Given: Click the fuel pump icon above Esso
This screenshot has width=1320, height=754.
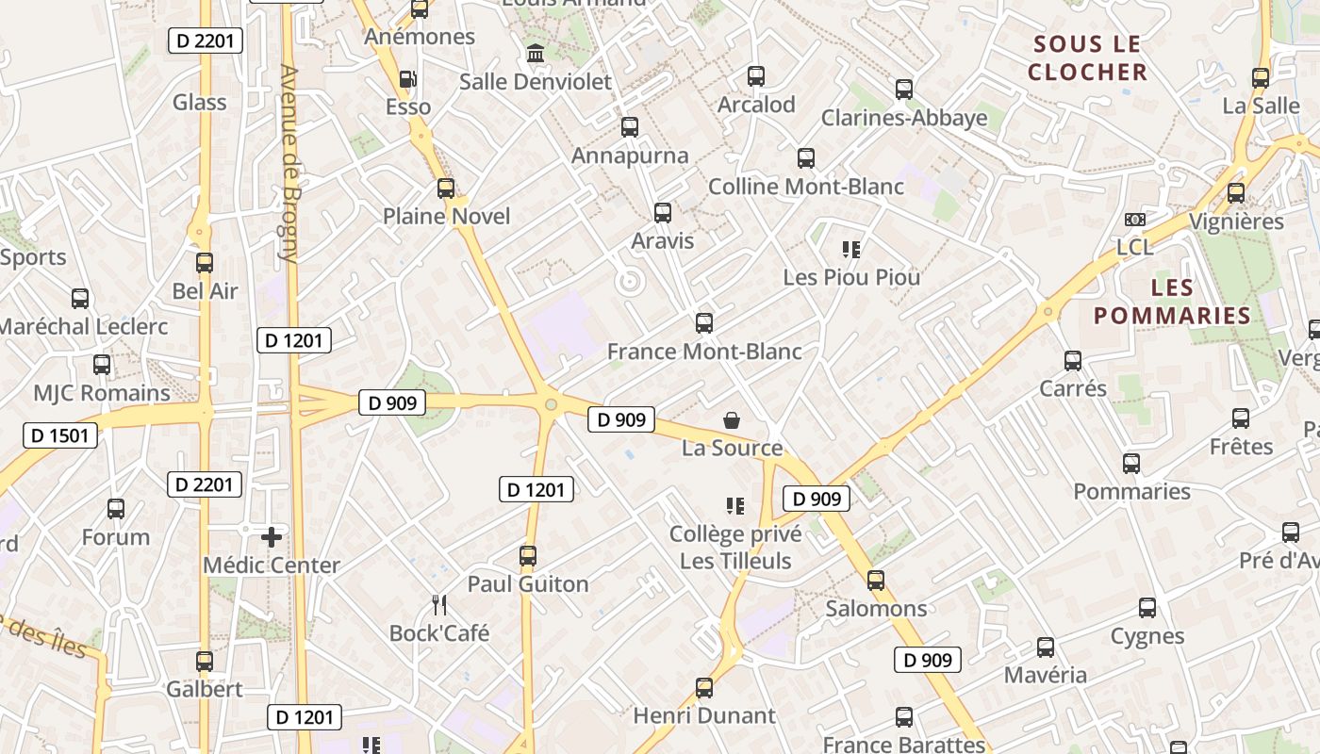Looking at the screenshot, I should pos(407,79).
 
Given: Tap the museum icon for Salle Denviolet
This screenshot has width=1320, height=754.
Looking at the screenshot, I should pos(536,54).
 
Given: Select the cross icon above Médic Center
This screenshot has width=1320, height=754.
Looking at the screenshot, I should pos(272,537).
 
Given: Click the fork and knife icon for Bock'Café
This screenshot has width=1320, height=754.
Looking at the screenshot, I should pos(438,604).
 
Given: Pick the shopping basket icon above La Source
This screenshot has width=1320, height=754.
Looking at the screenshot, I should pos(732,420).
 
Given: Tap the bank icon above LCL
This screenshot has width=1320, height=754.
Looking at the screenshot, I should pos(1134,220).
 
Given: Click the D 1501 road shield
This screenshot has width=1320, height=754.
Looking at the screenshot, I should pos(60,435).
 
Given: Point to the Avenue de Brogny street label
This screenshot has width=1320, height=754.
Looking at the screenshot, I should pos(290,163).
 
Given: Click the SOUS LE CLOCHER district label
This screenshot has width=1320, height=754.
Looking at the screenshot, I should pos(1087,57).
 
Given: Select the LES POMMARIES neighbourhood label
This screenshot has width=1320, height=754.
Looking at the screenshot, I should pos(1172,302).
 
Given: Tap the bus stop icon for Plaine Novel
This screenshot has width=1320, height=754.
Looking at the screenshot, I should pos(446,188).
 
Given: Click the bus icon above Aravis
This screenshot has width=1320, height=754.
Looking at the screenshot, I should pos(663,213).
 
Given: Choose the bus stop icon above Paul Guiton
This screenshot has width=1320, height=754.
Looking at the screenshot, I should pos(528,556).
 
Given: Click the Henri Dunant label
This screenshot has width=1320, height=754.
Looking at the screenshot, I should pos(704,715).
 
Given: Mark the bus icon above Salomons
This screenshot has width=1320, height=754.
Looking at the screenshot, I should pos(876,581).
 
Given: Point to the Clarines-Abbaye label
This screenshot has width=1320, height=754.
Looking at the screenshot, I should pos(904,118).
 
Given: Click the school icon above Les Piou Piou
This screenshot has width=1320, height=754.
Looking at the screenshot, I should pos(851,250).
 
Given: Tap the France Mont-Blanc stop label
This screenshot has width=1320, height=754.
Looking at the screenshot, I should pos(704,352).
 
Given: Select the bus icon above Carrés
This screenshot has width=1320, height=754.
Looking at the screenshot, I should pos(1073,361).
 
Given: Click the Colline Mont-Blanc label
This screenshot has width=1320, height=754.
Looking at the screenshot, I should pos(806,187).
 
